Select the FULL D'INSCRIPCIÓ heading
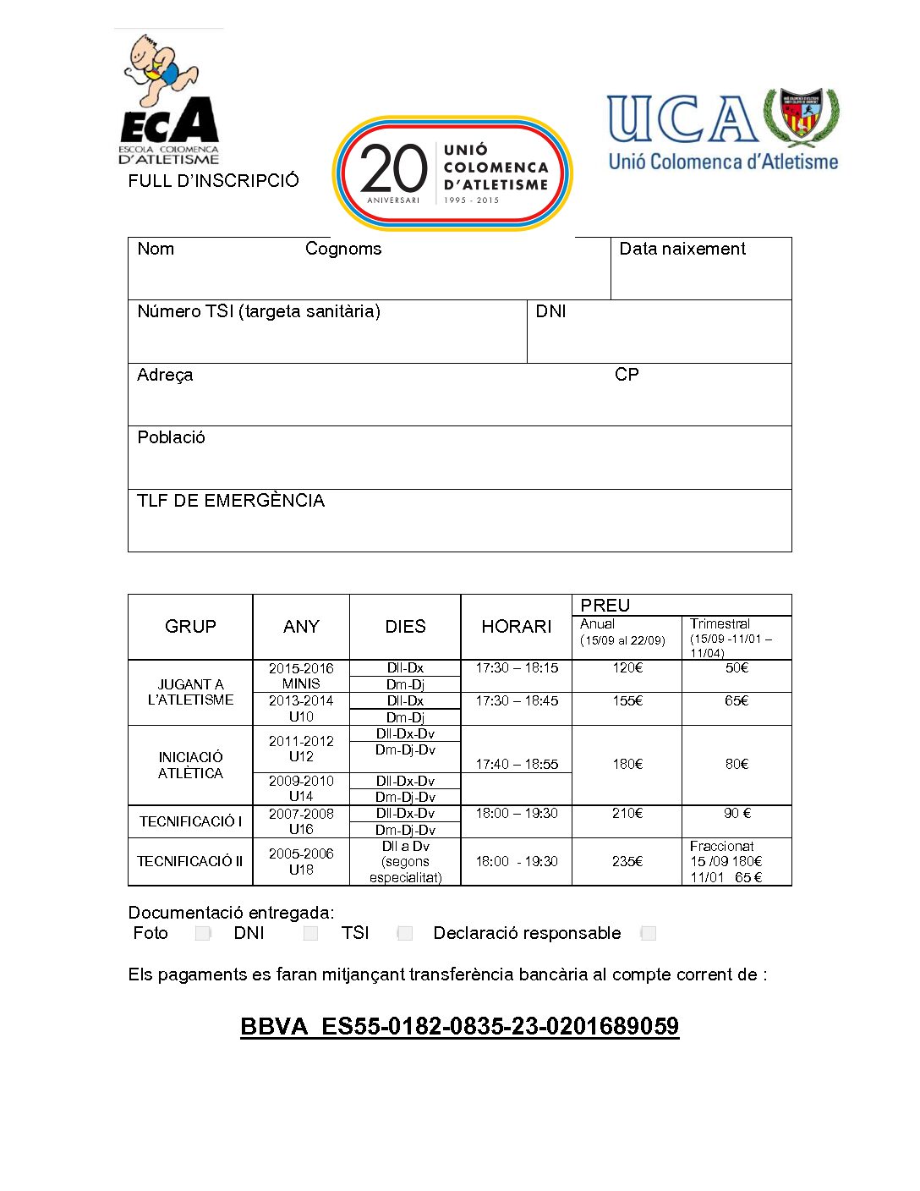[213, 180]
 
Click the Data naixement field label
[682, 249]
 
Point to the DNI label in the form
[550, 311]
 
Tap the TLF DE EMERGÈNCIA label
[231, 501]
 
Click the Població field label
[171, 437]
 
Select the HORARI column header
[516, 627]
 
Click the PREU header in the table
[605, 605]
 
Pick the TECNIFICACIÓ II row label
[190, 861]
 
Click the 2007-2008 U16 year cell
[301, 821]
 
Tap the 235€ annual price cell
[627, 861]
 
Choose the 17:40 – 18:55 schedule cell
[517, 764]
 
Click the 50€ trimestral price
[737, 668]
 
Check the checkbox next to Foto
[203, 933]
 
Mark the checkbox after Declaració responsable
[649, 933]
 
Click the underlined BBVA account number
[459, 1026]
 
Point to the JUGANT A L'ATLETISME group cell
[190, 692]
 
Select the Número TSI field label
[259, 311]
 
